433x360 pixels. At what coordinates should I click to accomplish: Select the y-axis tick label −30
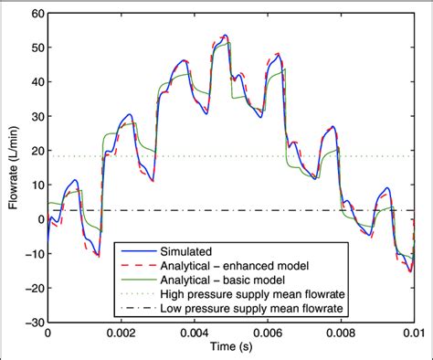point(32,322)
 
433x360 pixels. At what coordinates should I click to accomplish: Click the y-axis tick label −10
point(32,254)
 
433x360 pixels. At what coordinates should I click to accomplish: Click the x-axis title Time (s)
point(230,350)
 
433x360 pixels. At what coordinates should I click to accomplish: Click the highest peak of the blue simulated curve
point(225,36)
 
